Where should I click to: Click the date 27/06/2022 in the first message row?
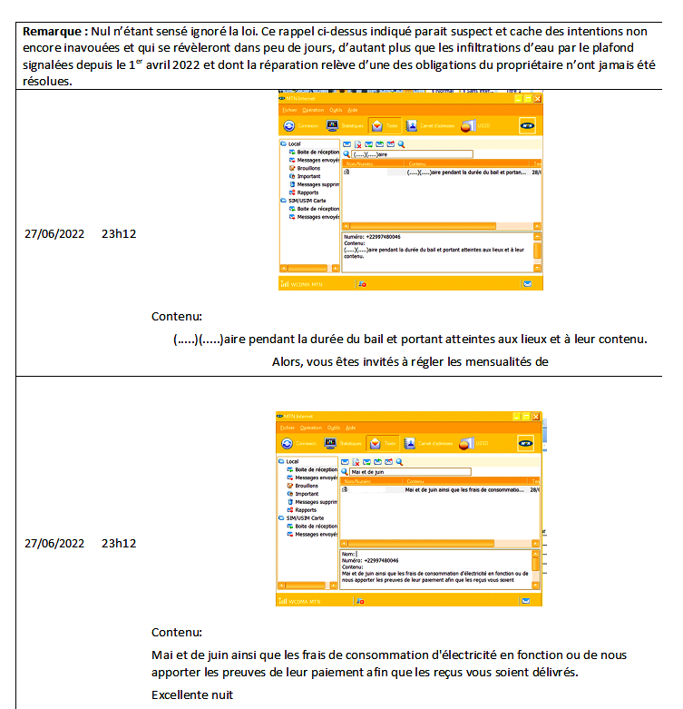point(54,234)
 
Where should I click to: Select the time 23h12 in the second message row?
point(119,543)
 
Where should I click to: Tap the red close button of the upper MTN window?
point(537,98)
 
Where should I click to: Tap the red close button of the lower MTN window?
point(535,415)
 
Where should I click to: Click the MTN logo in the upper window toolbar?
point(527,126)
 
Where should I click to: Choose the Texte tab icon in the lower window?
point(376,443)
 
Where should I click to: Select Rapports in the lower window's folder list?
point(306,510)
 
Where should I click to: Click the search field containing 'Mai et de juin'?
point(411,472)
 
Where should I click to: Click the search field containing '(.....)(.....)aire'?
point(414,154)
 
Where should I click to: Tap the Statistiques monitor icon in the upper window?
point(332,126)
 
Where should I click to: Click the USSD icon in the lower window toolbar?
point(467,443)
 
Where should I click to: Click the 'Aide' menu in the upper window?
point(353,110)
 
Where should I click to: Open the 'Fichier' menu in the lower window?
point(287,427)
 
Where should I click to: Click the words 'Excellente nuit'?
point(192,695)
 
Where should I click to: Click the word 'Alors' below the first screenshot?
point(288,361)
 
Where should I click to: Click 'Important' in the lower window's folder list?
point(306,494)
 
